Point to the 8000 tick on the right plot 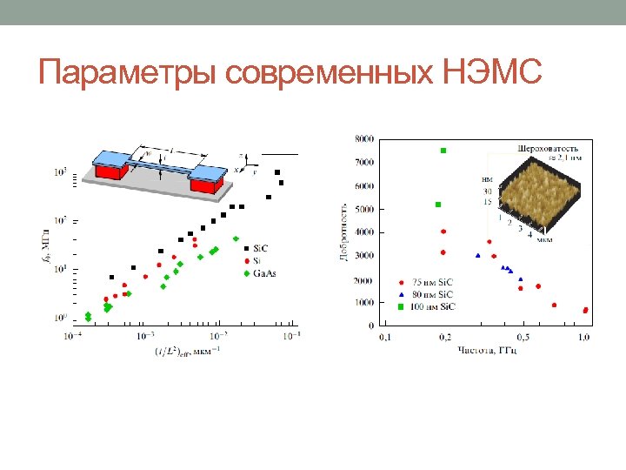(365, 139)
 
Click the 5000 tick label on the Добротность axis (365, 209)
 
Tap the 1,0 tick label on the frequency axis (584, 336)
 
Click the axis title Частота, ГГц (488, 350)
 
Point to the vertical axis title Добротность (344, 232)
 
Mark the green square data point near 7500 (443, 151)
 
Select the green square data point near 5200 (438, 205)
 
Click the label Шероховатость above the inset (548, 147)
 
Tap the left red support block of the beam (108, 172)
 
